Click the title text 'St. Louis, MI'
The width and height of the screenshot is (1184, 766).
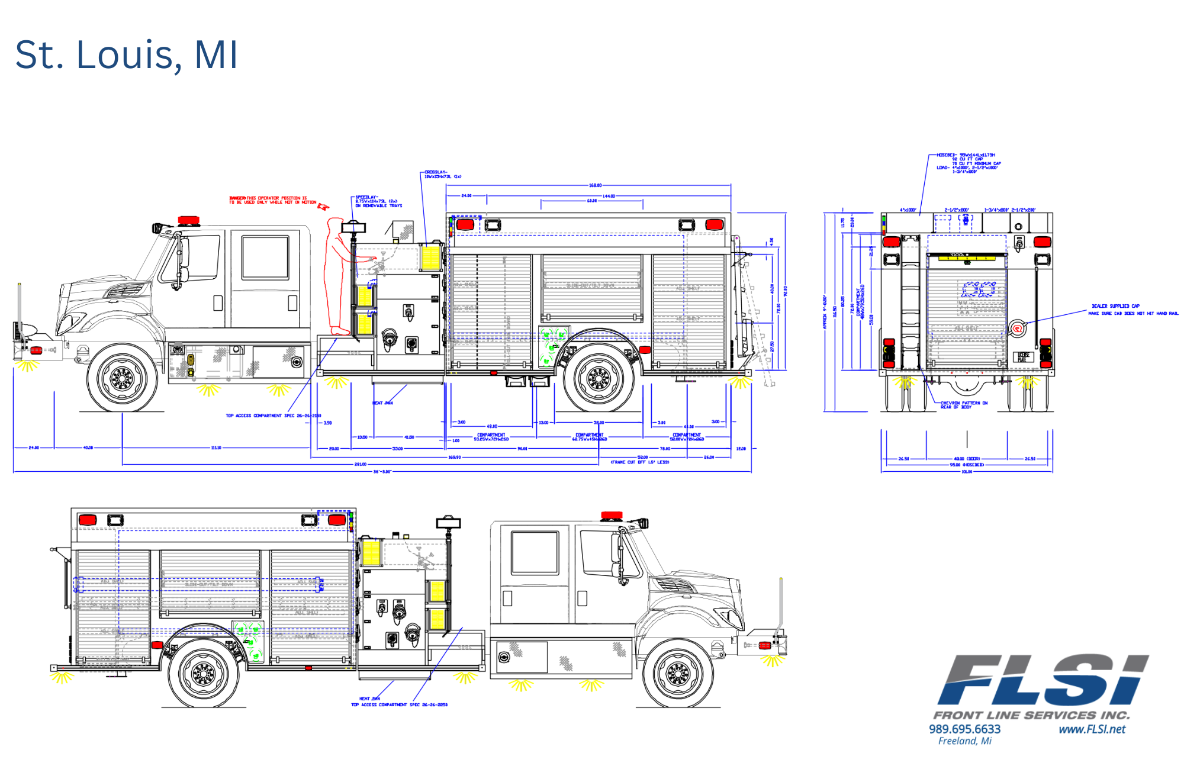pyautogui.click(x=127, y=54)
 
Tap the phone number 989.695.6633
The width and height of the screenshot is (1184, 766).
pyautogui.click(x=964, y=729)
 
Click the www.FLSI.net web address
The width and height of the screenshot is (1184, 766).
pyautogui.click(x=1092, y=729)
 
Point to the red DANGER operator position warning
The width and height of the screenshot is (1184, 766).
pyautogui.click(x=272, y=200)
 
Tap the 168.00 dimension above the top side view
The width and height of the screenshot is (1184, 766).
pyautogui.click(x=595, y=185)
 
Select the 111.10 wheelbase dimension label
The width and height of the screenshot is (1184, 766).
pyautogui.click(x=216, y=448)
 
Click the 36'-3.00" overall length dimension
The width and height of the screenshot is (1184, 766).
pyautogui.click(x=382, y=472)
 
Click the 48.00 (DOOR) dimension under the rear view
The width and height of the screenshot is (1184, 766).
pyautogui.click(x=967, y=458)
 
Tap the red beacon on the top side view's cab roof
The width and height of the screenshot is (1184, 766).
pyautogui.click(x=188, y=220)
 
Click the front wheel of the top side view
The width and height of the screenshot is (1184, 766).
pyautogui.click(x=123, y=377)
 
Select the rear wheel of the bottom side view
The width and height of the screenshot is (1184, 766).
pyautogui.click(x=204, y=672)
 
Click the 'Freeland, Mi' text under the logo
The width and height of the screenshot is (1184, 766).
pyautogui.click(x=964, y=741)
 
